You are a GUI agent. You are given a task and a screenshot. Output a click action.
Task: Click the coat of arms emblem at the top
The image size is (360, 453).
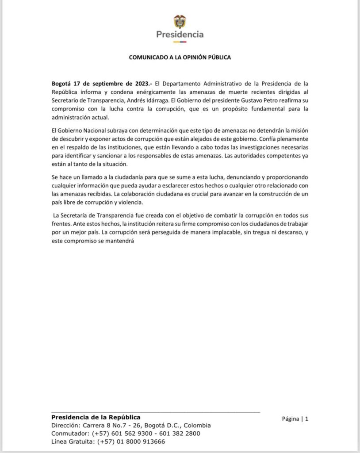(x=180, y=21)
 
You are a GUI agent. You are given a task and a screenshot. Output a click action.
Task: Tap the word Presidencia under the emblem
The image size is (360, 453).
(x=180, y=34)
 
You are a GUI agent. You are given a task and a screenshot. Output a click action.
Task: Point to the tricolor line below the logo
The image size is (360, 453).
(x=180, y=42)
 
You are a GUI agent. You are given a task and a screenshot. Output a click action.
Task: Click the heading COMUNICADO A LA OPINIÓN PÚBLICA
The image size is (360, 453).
(x=180, y=58)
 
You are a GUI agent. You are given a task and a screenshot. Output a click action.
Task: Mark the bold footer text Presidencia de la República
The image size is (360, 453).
(x=96, y=417)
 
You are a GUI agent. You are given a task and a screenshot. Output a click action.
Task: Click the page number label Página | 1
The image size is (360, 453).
(x=295, y=418)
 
